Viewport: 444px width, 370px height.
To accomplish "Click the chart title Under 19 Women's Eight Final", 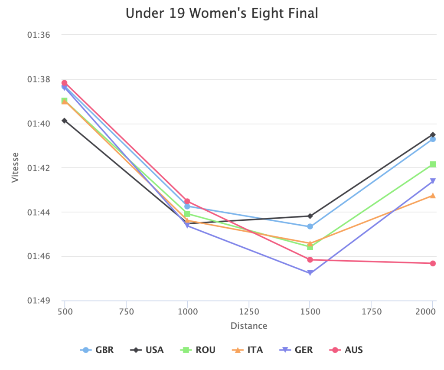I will point(222,13).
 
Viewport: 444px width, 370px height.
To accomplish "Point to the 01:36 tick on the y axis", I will point(39,34).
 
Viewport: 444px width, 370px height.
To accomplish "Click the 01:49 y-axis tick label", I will point(39,301).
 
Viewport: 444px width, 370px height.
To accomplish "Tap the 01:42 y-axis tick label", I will point(39,168).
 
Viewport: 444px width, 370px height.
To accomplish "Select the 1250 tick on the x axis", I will point(249,311).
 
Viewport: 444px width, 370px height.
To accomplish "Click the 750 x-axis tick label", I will point(126,311).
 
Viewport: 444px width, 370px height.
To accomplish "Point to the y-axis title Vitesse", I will point(16,167).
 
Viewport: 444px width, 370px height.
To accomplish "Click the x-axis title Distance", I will point(249,326).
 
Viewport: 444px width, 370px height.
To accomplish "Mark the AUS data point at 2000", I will point(433,263).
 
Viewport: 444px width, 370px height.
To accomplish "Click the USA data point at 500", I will point(64,121).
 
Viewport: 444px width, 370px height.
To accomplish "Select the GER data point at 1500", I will point(310,273).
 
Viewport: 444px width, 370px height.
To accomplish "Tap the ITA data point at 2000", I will point(433,196).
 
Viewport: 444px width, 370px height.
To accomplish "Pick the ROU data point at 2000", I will point(433,164).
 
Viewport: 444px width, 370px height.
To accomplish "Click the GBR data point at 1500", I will point(310,226).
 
